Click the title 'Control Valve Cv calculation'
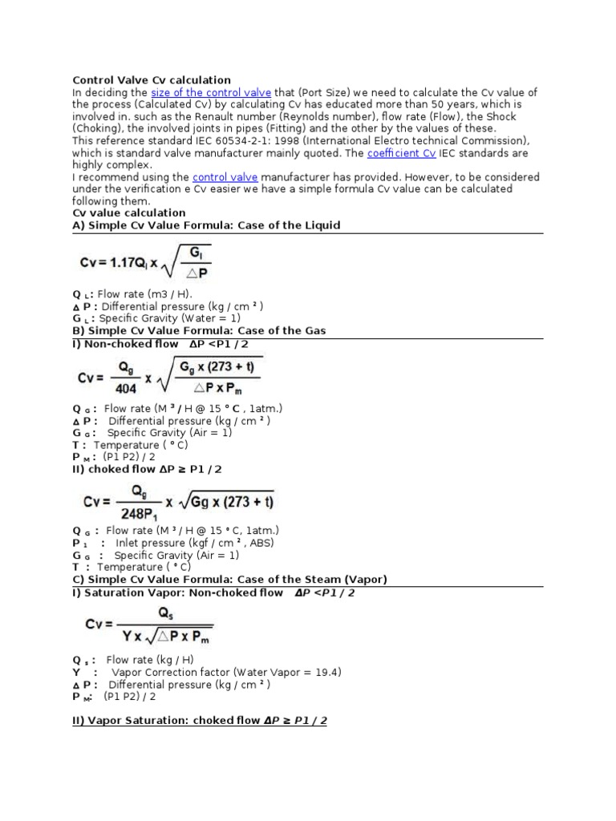[x=152, y=80]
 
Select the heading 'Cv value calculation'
[x=129, y=213]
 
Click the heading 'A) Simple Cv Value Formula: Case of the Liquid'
[x=206, y=225]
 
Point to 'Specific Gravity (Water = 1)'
[x=169, y=318]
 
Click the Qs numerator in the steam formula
[x=164, y=613]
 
